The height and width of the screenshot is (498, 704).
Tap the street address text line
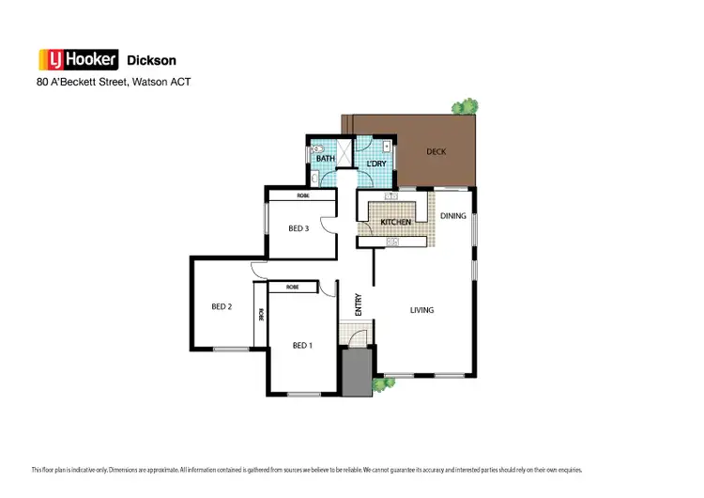click(x=113, y=82)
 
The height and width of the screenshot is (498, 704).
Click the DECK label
click(x=435, y=151)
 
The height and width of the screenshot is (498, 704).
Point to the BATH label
click(x=325, y=159)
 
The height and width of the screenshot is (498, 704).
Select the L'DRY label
click(x=375, y=164)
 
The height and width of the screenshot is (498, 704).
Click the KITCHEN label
click(x=395, y=222)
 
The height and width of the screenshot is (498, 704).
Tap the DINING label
click(x=452, y=216)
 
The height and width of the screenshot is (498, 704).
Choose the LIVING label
click(x=421, y=309)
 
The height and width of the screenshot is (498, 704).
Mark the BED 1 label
click(x=301, y=345)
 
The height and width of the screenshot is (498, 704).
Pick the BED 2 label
click(x=221, y=306)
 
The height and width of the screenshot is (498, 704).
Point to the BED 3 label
click(x=298, y=227)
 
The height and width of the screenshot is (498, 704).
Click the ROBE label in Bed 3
click(x=303, y=195)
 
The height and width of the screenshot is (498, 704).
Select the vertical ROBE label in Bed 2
click(x=261, y=315)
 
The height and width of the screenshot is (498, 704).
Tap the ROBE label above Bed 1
click(x=292, y=287)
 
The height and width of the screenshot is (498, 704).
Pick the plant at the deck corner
click(x=463, y=107)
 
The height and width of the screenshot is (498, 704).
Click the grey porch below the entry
click(x=357, y=370)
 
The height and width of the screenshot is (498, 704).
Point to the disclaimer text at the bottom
click(x=306, y=469)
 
